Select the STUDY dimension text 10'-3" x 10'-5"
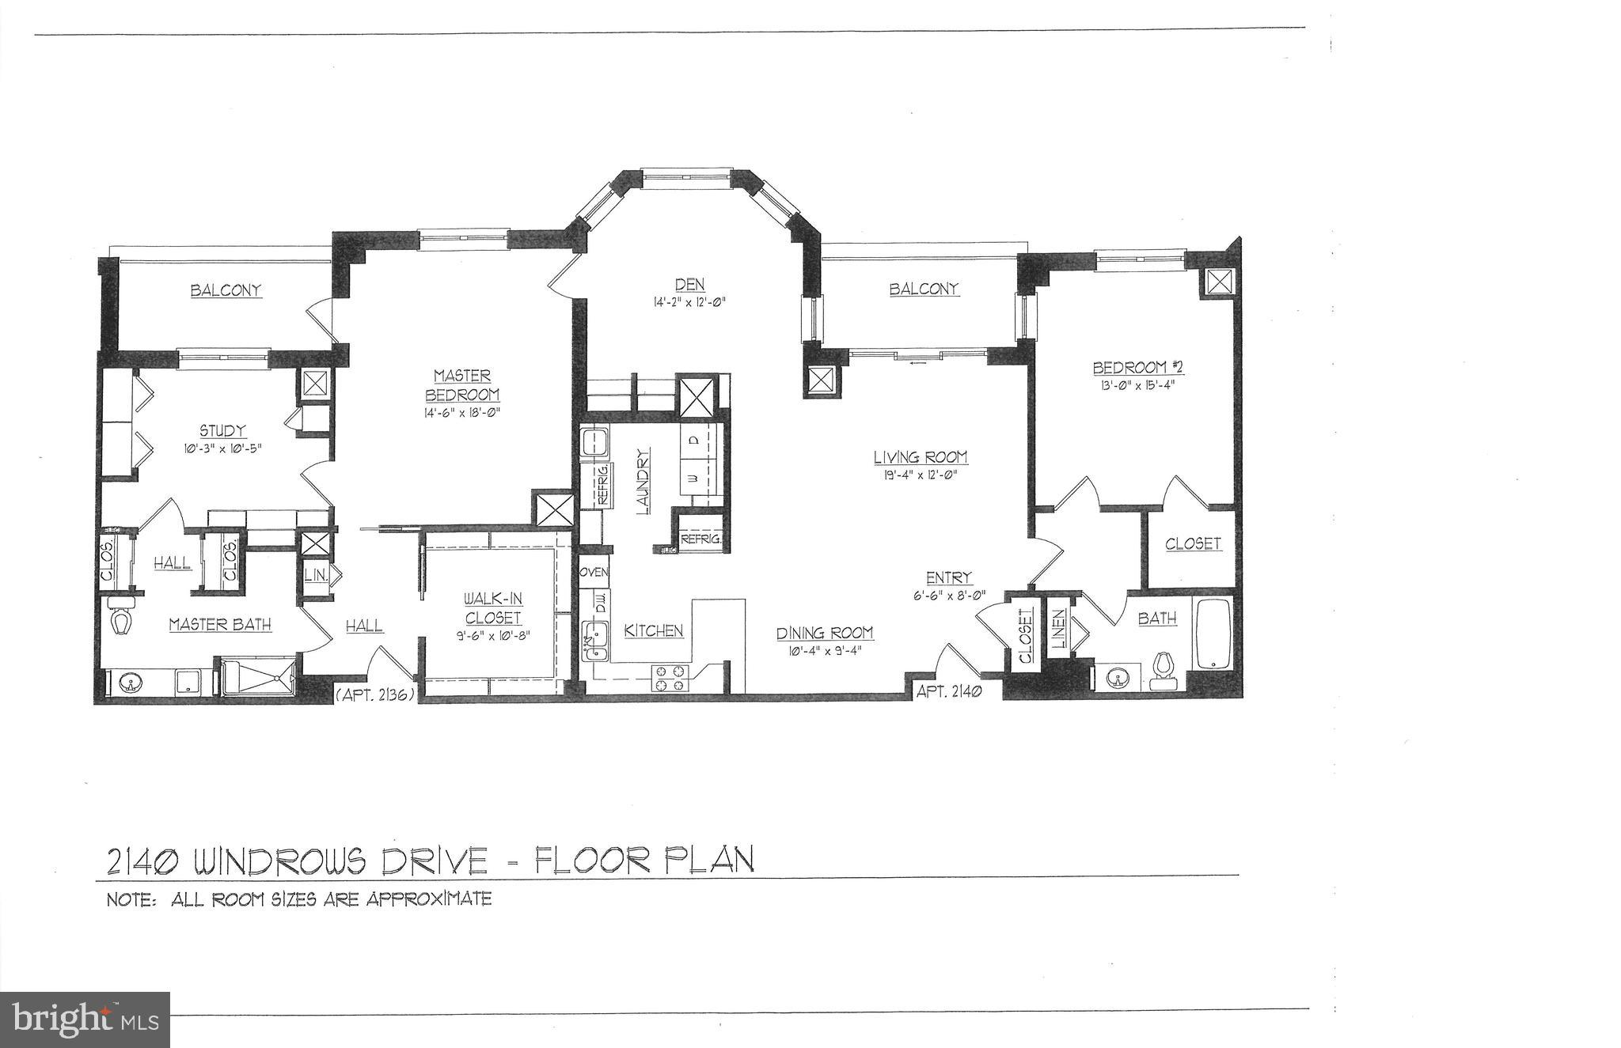point(222,448)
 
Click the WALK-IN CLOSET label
point(493,608)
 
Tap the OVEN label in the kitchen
point(594,572)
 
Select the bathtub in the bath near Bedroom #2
point(1212,634)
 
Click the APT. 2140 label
point(949,691)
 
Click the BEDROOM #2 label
point(1137,368)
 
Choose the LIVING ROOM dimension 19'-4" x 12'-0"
point(921,475)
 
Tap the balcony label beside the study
point(226,290)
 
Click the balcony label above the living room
point(924,289)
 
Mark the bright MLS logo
point(85,1020)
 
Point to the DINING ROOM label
point(824,633)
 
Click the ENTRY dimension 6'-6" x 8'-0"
point(949,595)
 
